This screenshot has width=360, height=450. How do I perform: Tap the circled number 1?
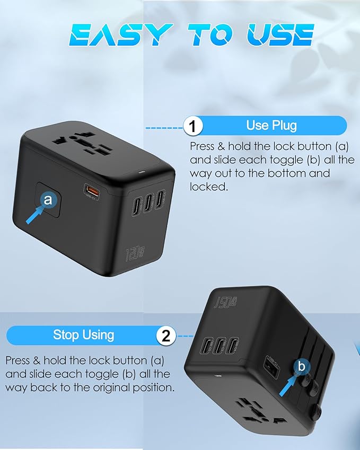tap(194, 127)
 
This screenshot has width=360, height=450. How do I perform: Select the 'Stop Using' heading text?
tap(83, 335)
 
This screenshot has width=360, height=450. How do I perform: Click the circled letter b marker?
tap(302, 366)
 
